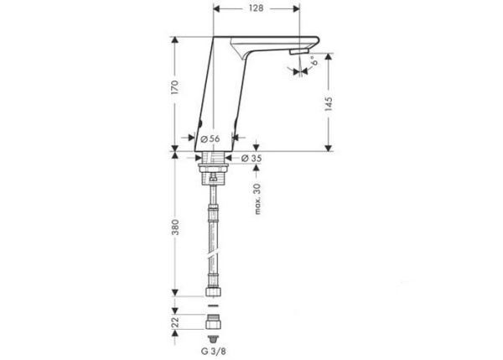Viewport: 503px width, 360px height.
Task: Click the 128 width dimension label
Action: [256, 8]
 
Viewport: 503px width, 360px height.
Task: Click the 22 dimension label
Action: [174, 321]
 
